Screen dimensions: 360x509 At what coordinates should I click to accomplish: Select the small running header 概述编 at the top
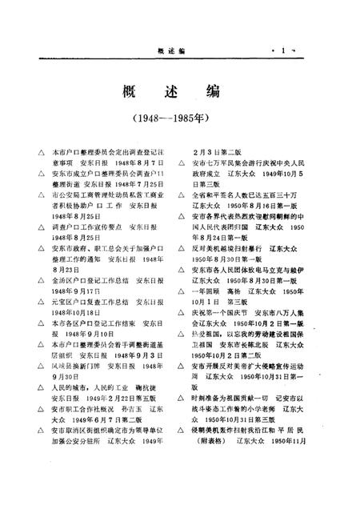[x=170, y=51]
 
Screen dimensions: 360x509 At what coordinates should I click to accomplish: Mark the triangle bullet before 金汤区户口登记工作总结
[x=30, y=280]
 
